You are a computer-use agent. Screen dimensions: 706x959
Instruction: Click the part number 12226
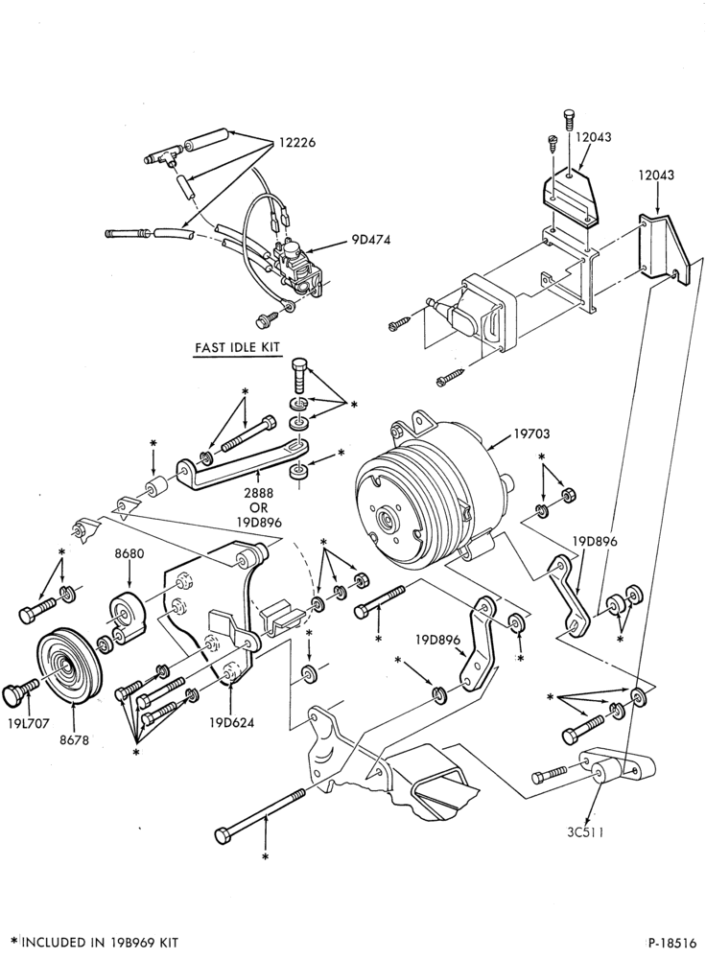tap(296, 143)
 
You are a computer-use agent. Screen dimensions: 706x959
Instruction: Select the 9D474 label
tap(370, 240)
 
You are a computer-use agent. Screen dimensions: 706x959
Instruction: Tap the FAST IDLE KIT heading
tap(237, 347)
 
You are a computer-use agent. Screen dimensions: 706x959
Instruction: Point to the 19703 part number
tap(531, 433)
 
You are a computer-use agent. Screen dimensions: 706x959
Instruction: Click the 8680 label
tap(129, 554)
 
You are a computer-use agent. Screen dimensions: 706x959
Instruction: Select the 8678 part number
tap(75, 740)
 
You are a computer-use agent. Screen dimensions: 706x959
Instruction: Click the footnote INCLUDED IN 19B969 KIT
tap(101, 942)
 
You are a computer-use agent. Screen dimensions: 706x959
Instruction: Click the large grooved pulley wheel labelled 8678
tap(67, 665)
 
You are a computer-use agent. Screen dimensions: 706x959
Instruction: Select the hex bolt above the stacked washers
tap(300, 375)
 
